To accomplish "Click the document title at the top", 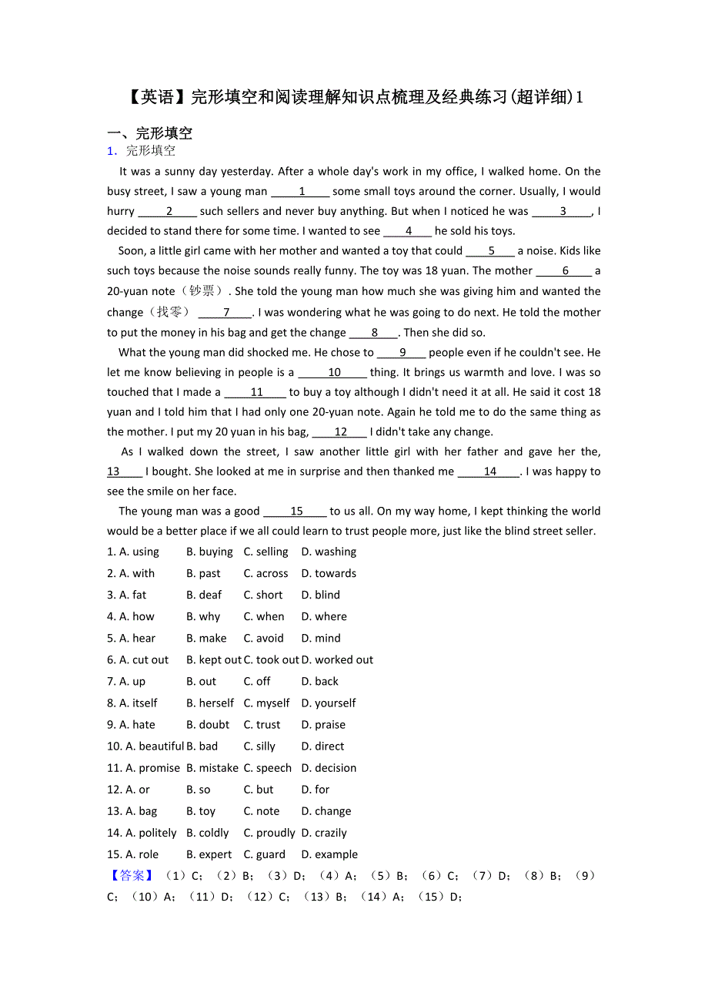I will [x=353, y=97].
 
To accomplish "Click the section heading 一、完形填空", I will [x=149, y=133].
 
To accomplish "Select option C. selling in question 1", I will [x=265, y=552].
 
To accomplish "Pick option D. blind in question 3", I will [x=320, y=595].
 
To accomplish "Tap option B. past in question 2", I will [x=203, y=573].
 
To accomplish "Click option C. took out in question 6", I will [x=271, y=659].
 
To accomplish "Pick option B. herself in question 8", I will [x=210, y=703].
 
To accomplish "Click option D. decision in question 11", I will [x=329, y=767].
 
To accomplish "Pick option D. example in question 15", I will [x=329, y=854].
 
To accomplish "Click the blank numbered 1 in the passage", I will [x=301, y=192].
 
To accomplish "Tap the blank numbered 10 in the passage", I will [x=333, y=373].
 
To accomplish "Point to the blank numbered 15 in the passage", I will [x=296, y=512].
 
